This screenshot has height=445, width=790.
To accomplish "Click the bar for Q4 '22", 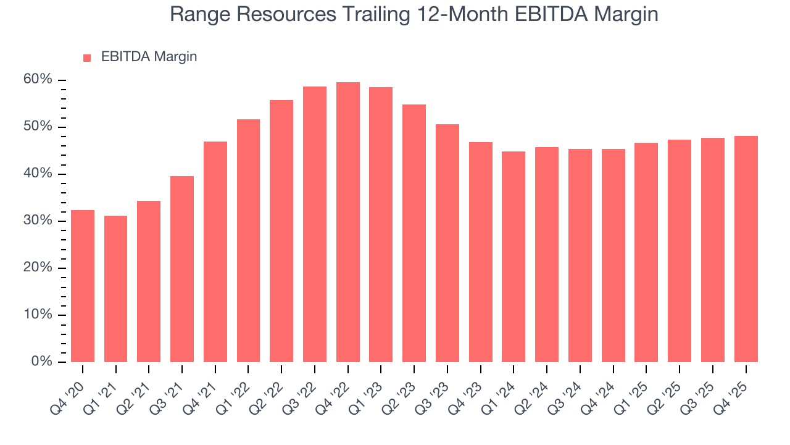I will pos(347,222).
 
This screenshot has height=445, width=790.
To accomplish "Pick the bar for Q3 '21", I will pos(182,269).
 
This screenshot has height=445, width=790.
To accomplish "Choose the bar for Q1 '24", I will pos(513,256).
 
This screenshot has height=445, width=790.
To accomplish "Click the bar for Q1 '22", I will pos(248,240).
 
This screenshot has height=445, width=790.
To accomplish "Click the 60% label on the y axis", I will pos(38,80).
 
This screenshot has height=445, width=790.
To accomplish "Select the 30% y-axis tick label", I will pos(38,221).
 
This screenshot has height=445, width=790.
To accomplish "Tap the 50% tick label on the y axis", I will pos(38,127).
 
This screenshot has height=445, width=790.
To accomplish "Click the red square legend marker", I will pos(87,57).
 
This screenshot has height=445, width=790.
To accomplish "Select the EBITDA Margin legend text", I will pos(149,57).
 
